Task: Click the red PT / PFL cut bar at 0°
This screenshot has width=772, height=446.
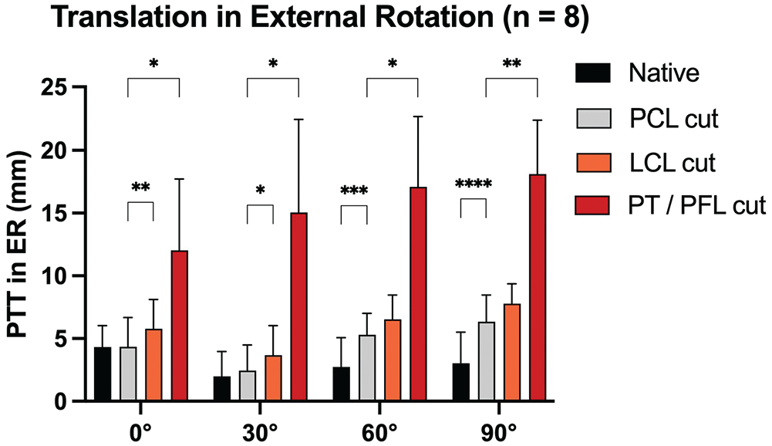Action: (179, 326)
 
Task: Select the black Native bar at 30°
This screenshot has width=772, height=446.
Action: (222, 389)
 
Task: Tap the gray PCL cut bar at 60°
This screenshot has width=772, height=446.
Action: (367, 368)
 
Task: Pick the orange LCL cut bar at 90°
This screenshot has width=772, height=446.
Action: (512, 353)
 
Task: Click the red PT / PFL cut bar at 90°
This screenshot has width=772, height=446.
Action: (538, 288)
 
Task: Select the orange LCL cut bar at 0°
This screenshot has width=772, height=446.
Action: (153, 365)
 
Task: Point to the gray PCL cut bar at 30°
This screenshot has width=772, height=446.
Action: (248, 386)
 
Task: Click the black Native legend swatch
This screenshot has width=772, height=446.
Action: (593, 73)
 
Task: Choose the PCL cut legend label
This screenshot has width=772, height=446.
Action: (674, 119)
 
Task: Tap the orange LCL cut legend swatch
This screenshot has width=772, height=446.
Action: (593, 163)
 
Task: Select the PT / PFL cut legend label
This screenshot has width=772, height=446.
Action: (696, 205)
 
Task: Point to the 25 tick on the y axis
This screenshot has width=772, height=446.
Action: (79, 86)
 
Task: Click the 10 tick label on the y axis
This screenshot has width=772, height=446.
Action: (54, 276)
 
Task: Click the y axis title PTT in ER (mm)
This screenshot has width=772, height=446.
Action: (19, 245)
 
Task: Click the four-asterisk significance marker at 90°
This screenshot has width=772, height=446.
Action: (473, 184)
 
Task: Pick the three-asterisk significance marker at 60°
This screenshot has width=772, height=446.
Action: (354, 191)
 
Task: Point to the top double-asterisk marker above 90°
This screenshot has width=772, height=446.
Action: (511, 63)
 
